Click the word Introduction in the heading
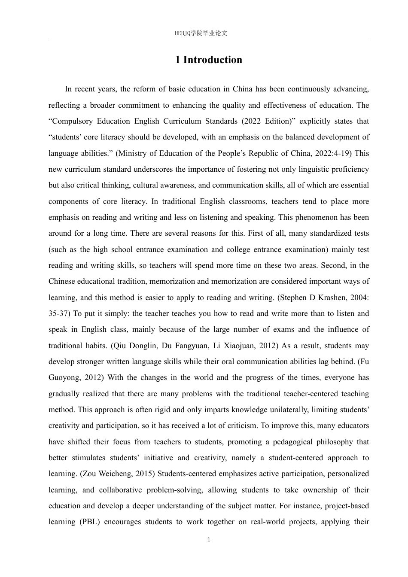[x=213, y=60]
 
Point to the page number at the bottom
[x=209, y=540]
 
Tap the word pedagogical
[x=275, y=442]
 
